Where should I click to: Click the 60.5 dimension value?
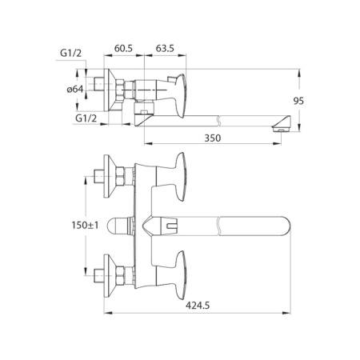[x=124, y=47]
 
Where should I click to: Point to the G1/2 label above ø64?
[x=73, y=54]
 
